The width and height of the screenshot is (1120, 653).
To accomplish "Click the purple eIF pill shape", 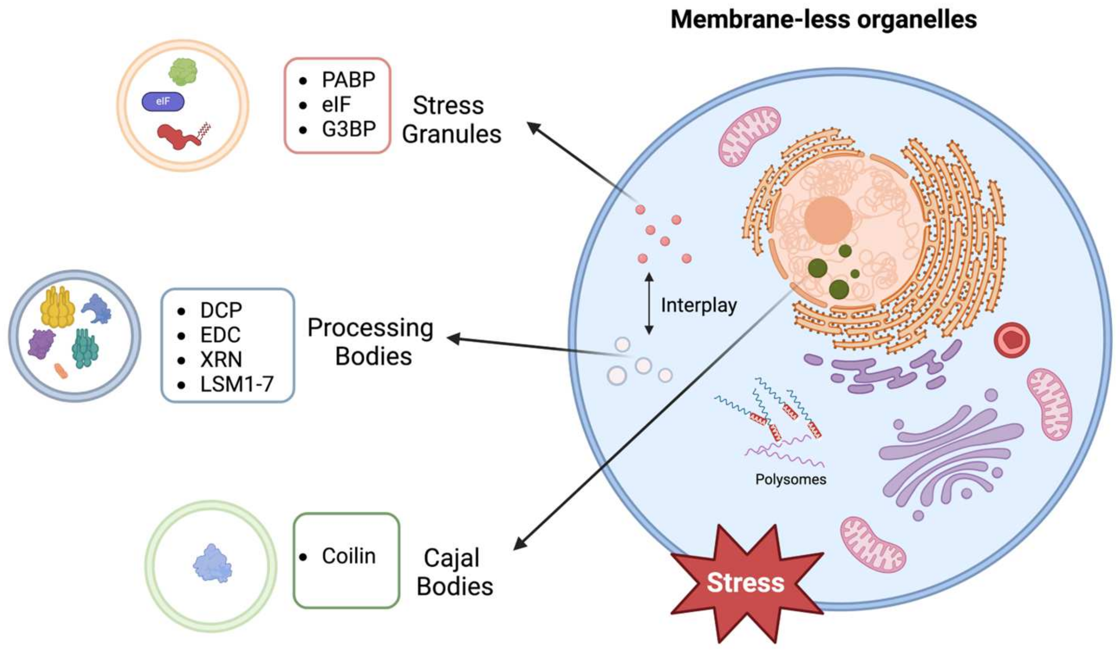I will (x=163, y=102).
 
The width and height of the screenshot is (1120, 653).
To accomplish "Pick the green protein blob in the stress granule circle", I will (x=183, y=71).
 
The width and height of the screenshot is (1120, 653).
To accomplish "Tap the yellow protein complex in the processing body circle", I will (x=57, y=307).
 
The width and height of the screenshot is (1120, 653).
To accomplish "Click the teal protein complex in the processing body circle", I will (x=85, y=349).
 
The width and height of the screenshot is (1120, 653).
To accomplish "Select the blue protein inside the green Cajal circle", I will (x=212, y=564).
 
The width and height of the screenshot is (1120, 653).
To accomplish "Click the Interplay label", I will (x=699, y=305).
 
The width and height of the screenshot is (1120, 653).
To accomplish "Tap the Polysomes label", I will (x=791, y=479).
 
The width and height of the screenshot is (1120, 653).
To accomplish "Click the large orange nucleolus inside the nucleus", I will (x=828, y=220).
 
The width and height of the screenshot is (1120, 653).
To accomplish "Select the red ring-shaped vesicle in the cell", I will (x=1012, y=340).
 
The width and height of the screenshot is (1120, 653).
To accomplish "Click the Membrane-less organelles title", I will (x=824, y=20).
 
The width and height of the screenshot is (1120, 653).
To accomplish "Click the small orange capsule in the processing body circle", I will (x=61, y=371).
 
